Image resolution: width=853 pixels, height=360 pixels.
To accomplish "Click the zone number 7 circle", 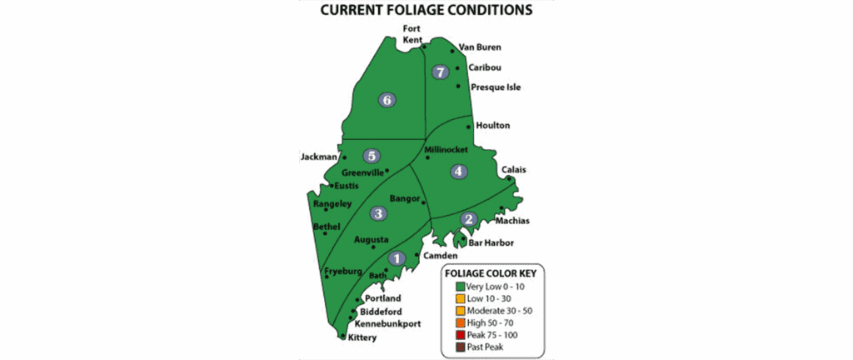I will coord(441,72).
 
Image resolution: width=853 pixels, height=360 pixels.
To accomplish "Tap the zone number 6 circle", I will coord(386,100).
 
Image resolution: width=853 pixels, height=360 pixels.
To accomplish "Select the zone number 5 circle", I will coord(372,155).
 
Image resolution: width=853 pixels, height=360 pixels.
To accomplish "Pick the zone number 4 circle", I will coord(457,172).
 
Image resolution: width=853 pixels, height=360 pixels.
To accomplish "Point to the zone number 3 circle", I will coord(378,213).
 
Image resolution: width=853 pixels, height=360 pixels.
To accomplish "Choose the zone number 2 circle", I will coord(468,219).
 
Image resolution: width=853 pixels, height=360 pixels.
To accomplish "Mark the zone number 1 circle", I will coord(397,258).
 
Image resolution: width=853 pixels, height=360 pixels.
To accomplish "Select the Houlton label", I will coord(493,126).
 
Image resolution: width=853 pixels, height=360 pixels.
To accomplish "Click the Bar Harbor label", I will coord(491,243).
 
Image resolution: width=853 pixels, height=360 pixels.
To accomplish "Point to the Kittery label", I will coord(362,337).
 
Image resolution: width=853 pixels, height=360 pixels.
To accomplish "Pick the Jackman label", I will coord(317,157).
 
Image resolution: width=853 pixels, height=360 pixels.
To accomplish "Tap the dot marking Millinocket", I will coord(427,157).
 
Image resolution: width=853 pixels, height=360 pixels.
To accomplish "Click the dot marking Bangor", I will coord(424,202).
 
